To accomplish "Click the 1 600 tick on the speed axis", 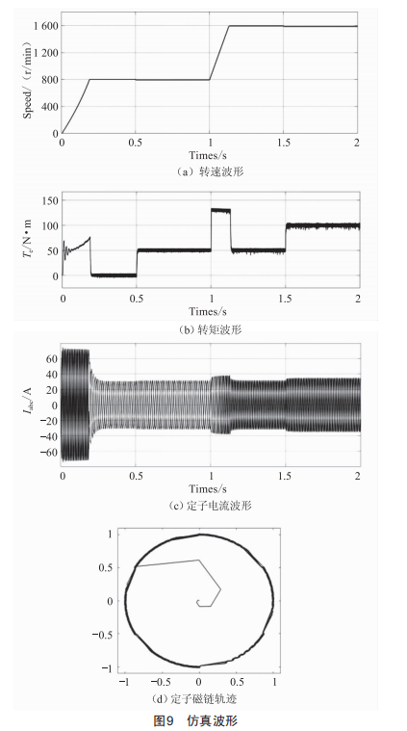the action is [x=45, y=26].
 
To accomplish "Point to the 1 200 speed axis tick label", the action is [x=45, y=53].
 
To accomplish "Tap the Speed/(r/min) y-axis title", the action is [x=27, y=80].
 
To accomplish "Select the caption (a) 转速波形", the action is [x=210, y=171].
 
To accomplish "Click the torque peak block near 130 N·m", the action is [x=220, y=211].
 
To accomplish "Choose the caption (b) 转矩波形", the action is [x=210, y=329].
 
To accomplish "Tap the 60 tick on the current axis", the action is [x=52, y=358].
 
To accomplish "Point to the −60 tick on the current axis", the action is [x=49, y=452].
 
